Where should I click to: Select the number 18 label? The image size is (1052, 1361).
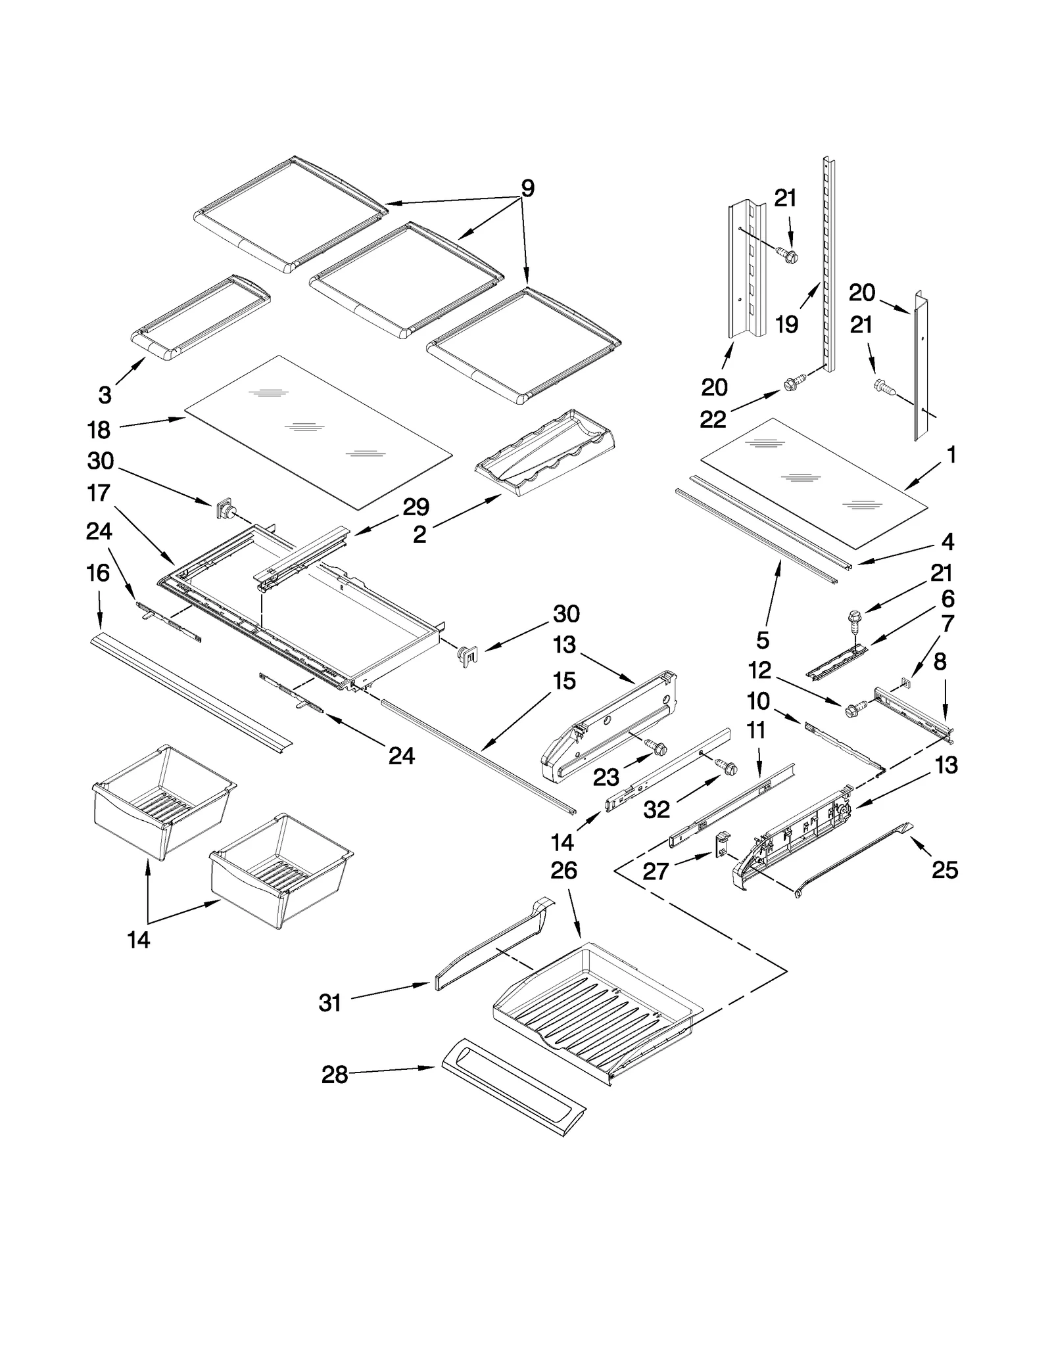coord(99,430)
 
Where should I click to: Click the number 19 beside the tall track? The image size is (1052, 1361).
coord(786,324)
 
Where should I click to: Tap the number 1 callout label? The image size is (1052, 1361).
coord(951,455)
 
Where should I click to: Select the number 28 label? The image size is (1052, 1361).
coord(334,1075)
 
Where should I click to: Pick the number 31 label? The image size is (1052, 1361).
coord(330,1003)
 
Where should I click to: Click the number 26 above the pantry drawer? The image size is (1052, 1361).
coord(563,871)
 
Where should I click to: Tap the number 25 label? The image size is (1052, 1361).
coord(945,870)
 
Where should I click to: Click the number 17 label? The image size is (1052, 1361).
coord(99,492)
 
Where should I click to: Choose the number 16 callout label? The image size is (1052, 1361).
coord(98,573)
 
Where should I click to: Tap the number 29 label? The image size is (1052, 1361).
coord(416,508)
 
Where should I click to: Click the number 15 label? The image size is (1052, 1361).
coord(564,681)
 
